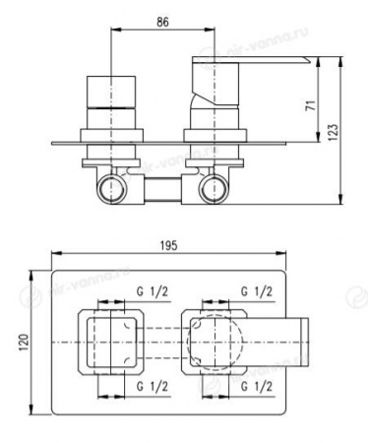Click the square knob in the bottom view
point(116,340)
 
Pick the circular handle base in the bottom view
point(211,340)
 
